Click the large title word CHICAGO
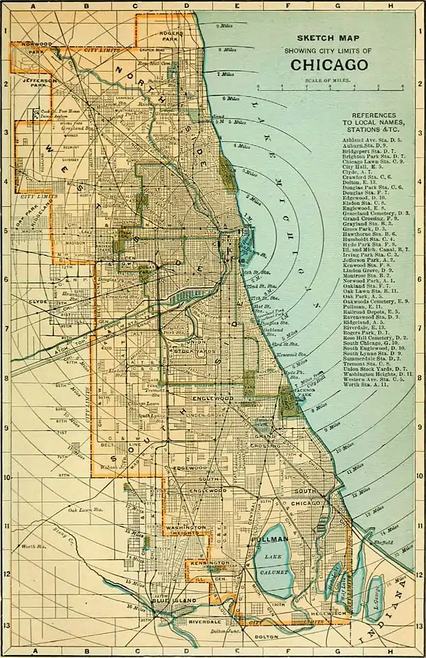click(328, 65)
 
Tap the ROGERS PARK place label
click(171, 35)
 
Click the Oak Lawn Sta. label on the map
click(84, 509)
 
